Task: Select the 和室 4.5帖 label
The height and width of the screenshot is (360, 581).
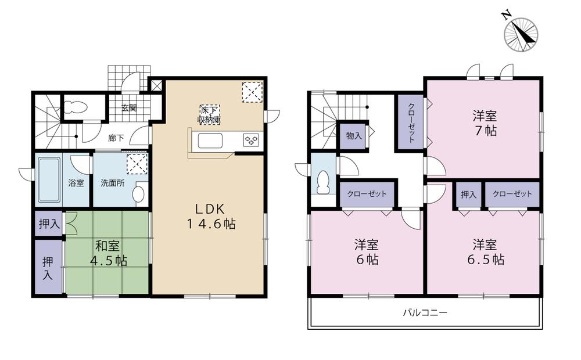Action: [107, 253]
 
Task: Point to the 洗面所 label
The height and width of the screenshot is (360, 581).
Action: [112, 183]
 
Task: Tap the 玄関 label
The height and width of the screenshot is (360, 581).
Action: [129, 107]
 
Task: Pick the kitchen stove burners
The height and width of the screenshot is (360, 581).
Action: [251, 140]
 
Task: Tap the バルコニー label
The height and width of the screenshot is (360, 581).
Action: [425, 313]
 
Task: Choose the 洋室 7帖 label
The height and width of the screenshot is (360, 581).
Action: [483, 123]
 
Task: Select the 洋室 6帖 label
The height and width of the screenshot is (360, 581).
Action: [367, 252]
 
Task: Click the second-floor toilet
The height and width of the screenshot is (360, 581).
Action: [322, 182]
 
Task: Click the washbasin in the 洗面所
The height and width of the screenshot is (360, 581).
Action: [139, 194]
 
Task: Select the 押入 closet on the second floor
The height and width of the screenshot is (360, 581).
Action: [468, 195]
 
